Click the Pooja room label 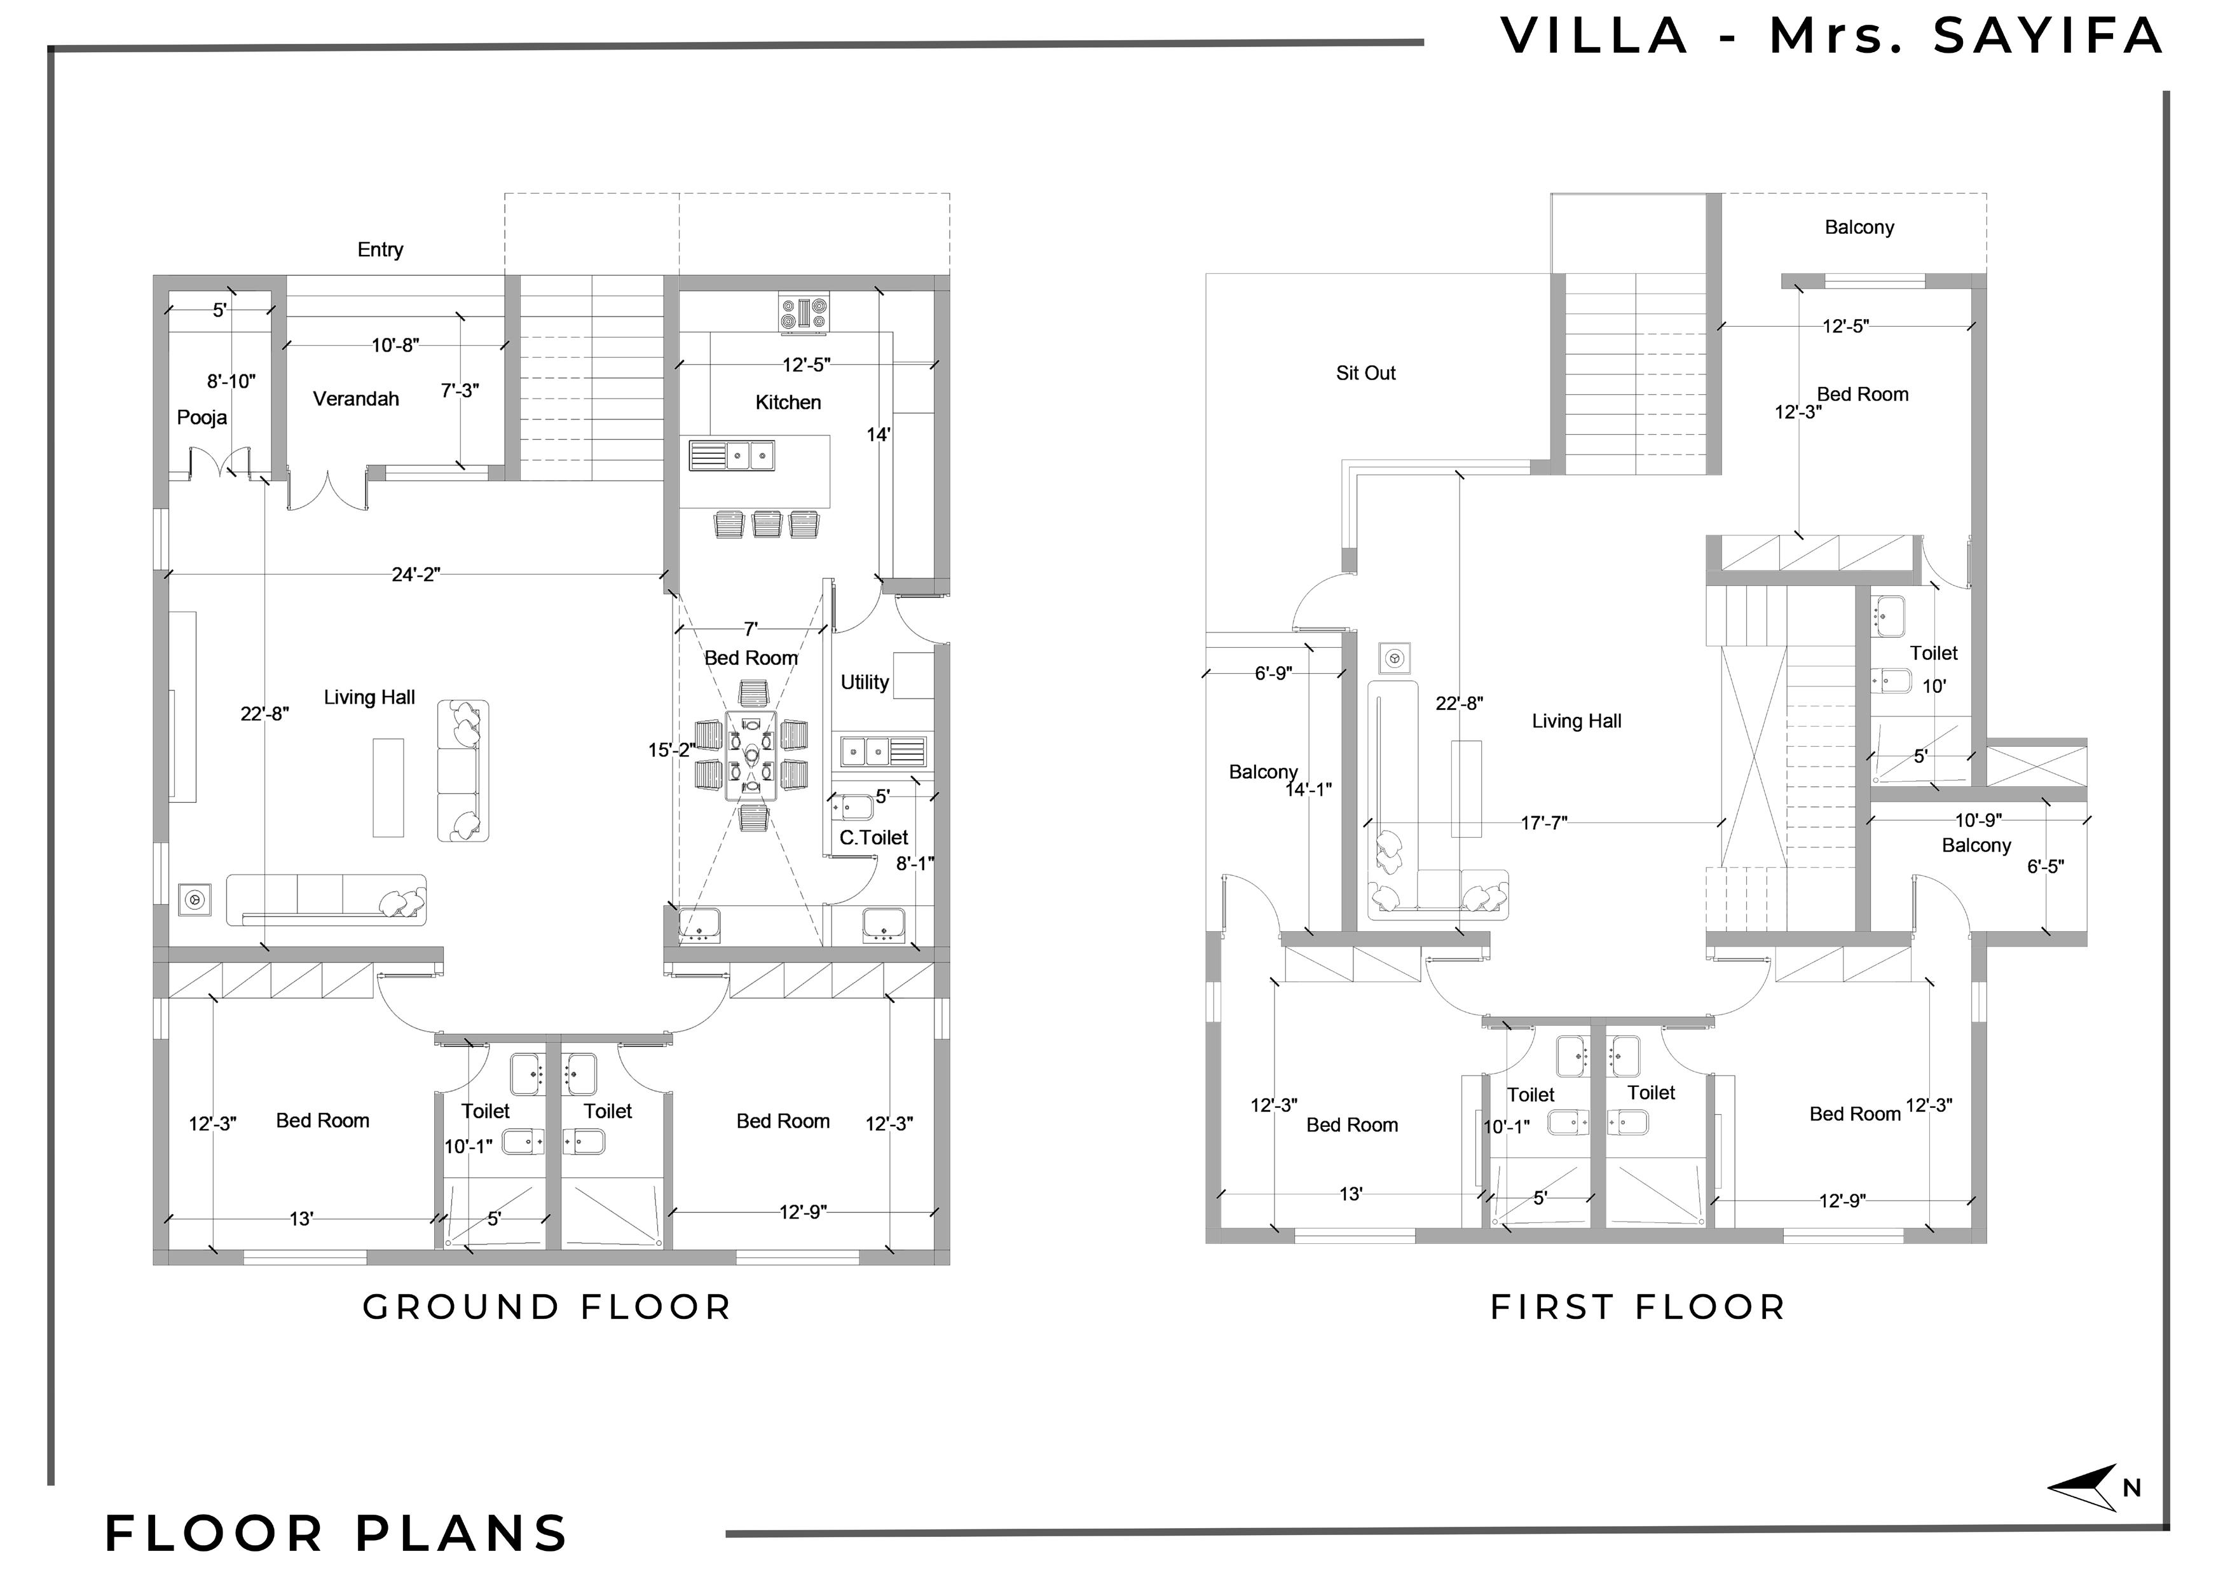202,418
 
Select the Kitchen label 788,402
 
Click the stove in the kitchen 804,313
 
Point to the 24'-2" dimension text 416,575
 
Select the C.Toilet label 873,837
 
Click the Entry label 380,250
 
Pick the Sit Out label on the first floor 1365,373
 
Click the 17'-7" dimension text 1543,823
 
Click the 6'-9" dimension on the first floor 1273,673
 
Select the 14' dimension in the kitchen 878,435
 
